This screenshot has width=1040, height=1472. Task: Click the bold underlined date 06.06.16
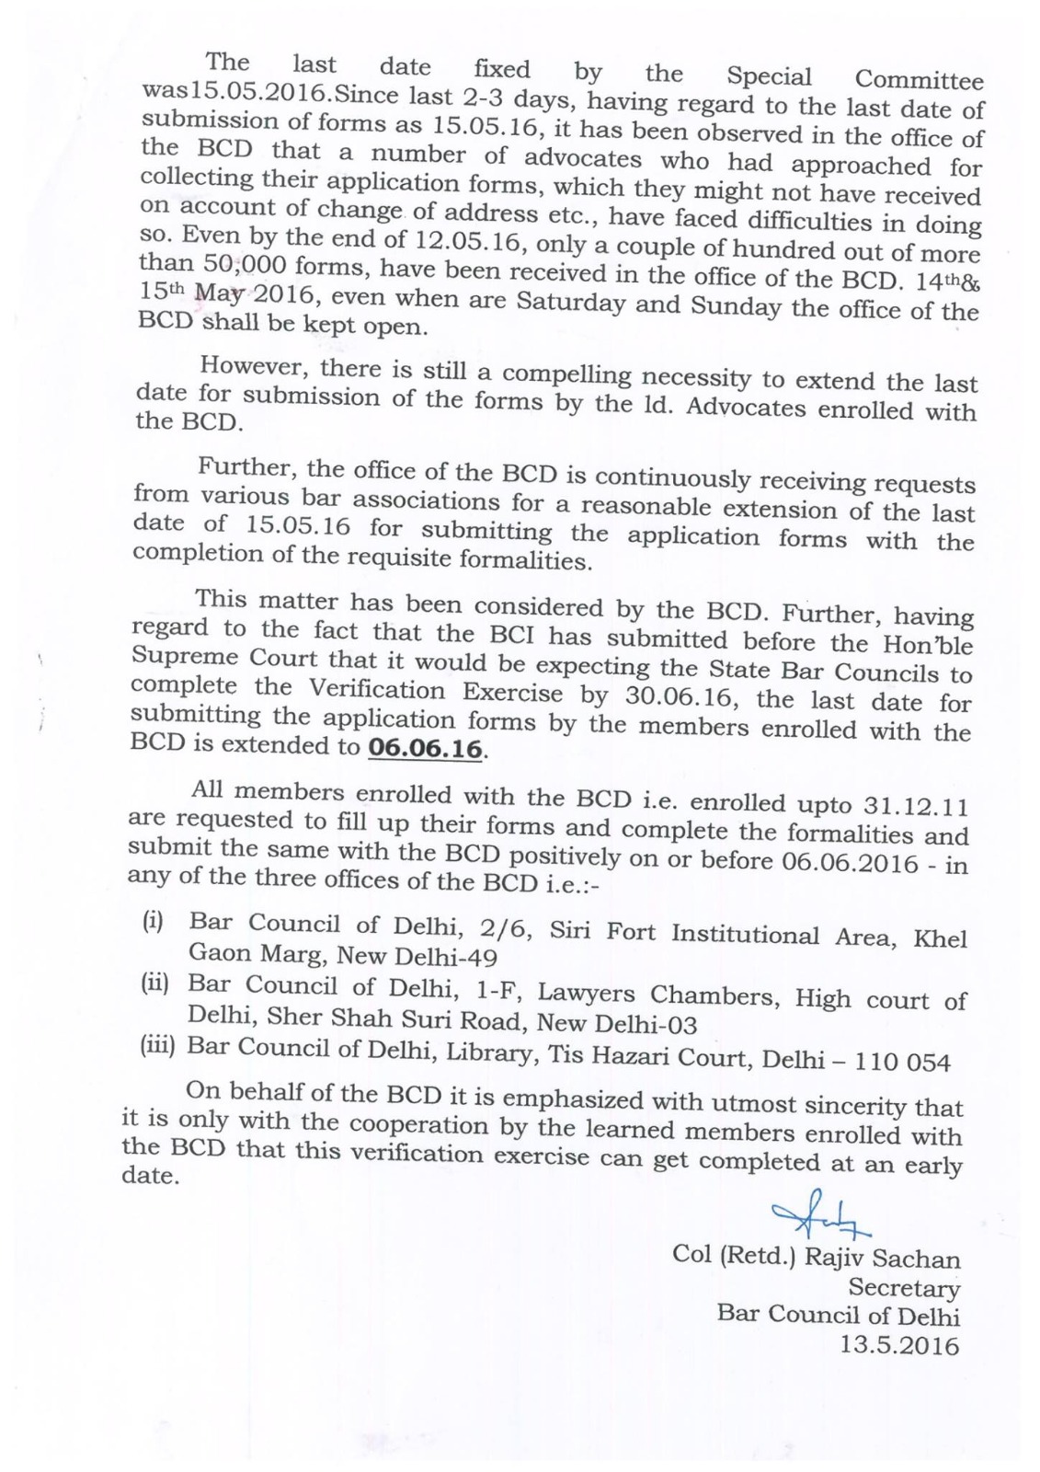coord(424,749)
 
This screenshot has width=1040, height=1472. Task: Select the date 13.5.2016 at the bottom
coord(898,1346)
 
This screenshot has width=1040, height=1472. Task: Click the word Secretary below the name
coord(903,1286)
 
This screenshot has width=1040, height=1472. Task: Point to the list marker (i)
coord(152,921)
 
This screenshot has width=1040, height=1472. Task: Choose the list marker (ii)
coord(154,983)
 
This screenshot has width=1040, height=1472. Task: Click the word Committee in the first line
coord(919,79)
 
